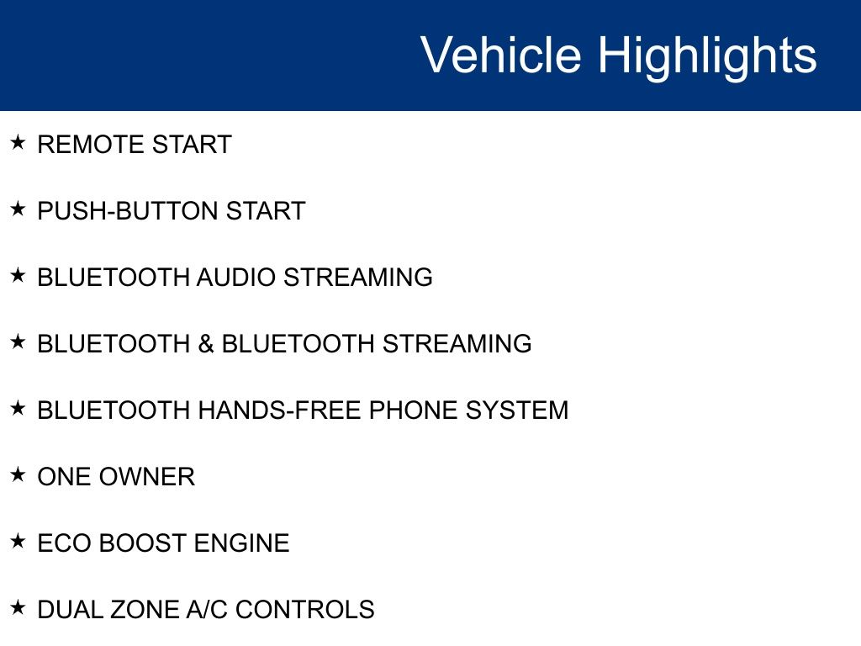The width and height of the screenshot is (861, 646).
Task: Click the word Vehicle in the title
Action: pyautogui.click(x=501, y=55)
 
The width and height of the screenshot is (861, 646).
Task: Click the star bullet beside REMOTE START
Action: pyautogui.click(x=18, y=142)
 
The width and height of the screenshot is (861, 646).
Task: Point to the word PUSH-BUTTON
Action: pyautogui.click(x=128, y=211)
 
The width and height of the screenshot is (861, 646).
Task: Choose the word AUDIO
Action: pyautogui.click(x=236, y=278)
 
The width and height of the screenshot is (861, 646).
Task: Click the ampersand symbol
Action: pyautogui.click(x=205, y=344)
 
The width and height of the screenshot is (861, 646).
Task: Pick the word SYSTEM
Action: pyautogui.click(x=517, y=410)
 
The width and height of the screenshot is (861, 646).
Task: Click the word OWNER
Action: pyautogui.click(x=147, y=477)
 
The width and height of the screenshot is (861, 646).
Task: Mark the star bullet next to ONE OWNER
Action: pyautogui.click(x=18, y=474)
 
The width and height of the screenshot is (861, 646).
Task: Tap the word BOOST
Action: pyautogui.click(x=143, y=543)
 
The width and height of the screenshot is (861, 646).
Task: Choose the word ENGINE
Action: pyautogui.click(x=241, y=543)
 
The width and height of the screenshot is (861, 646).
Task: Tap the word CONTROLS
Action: pyautogui.click(x=305, y=610)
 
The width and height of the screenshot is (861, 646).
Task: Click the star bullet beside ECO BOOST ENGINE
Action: pyautogui.click(x=18, y=541)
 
